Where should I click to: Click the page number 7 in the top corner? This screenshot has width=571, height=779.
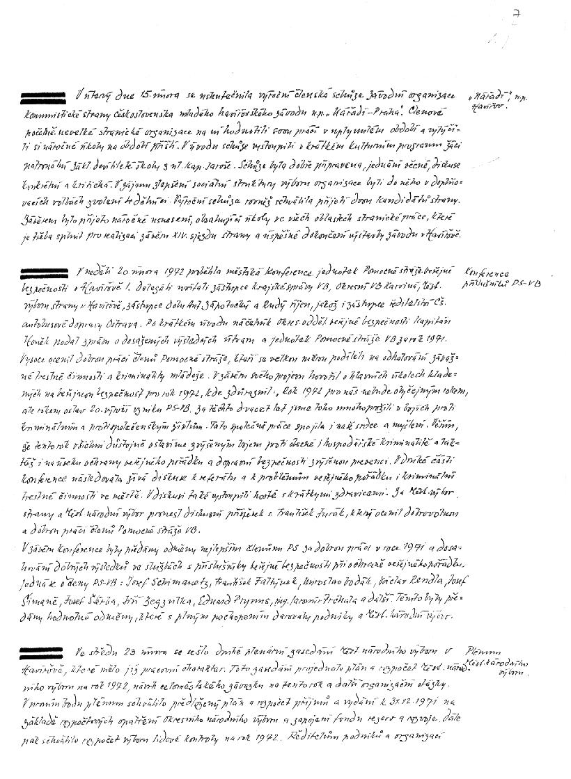[x=515, y=13]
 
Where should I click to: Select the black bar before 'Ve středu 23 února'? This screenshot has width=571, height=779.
[x=45, y=652]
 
